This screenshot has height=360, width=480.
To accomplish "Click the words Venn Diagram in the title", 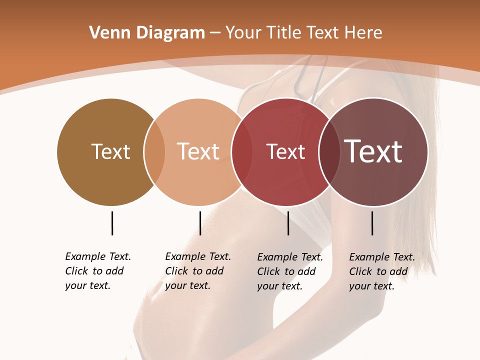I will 147,33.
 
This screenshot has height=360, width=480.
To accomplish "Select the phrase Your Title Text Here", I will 303,33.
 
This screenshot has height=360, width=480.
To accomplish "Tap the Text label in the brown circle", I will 110,151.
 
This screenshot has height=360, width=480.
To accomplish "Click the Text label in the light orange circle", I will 198,151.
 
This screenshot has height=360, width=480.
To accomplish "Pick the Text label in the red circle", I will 285,152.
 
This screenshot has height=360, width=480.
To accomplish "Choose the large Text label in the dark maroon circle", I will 373,151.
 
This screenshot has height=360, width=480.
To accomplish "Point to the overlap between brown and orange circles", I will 154,152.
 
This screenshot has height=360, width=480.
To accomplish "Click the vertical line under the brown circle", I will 112,223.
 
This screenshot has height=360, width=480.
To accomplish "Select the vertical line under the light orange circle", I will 200,223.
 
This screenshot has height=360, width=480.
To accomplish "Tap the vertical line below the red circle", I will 288,223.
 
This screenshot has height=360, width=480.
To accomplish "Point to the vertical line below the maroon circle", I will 372,223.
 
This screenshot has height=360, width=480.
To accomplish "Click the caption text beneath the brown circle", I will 97,271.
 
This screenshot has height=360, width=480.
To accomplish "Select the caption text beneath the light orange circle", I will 197,271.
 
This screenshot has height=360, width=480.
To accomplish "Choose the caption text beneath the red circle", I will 289,271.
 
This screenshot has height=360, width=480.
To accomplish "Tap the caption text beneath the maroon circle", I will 381,271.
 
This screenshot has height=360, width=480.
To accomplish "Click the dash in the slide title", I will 215,33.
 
